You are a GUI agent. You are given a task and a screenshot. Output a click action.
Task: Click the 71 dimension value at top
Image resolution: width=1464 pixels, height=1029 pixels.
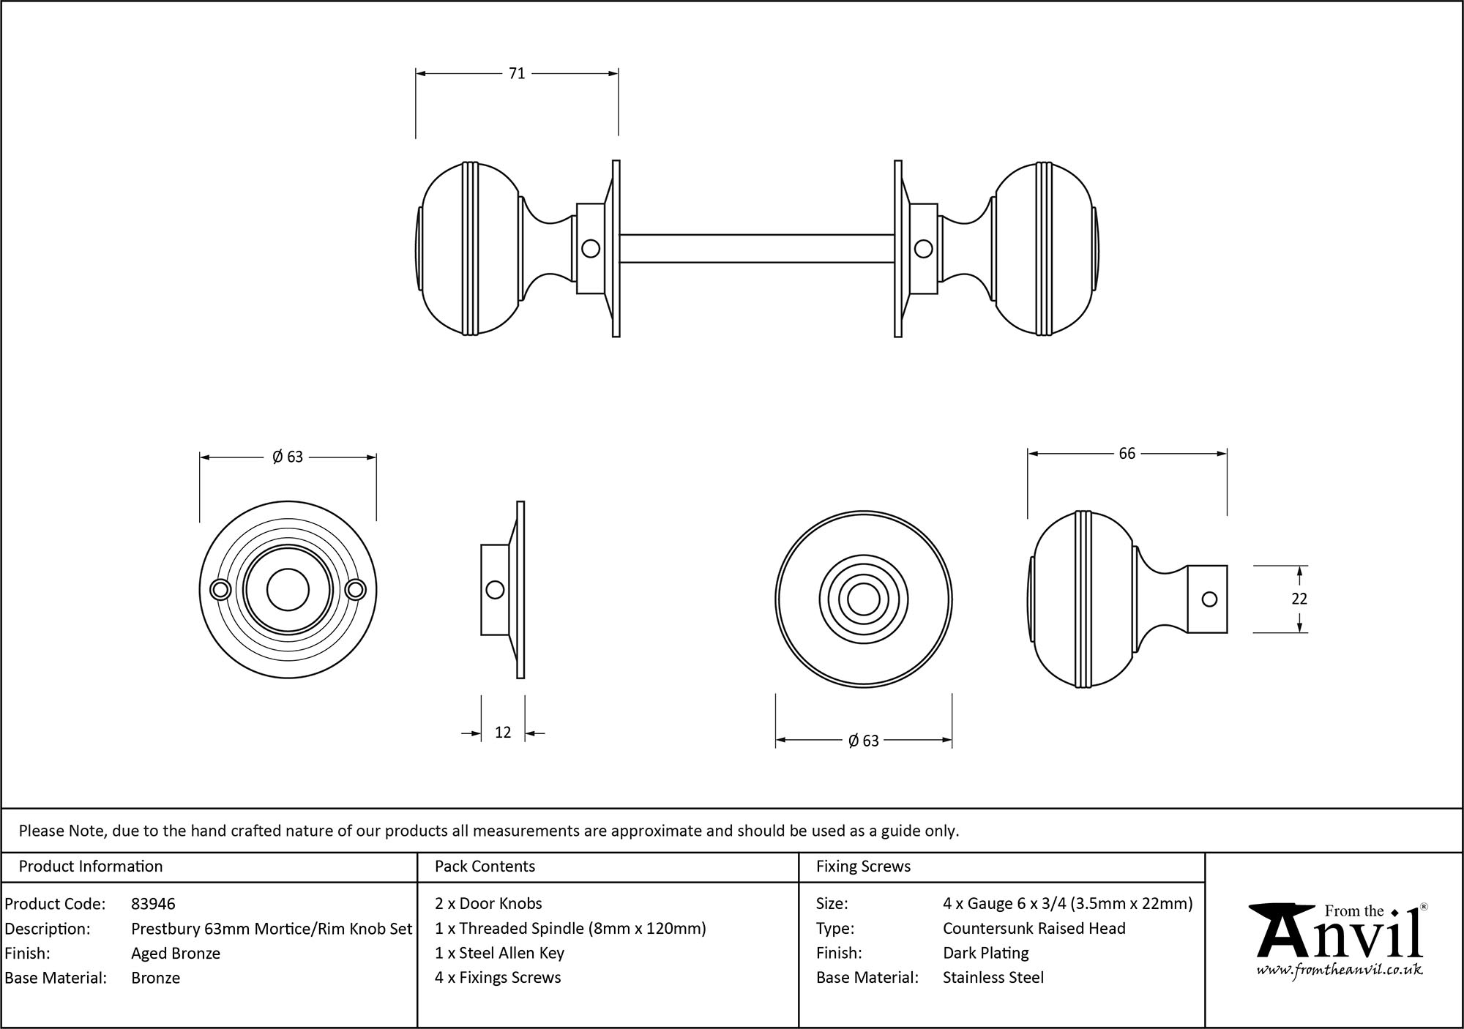(517, 73)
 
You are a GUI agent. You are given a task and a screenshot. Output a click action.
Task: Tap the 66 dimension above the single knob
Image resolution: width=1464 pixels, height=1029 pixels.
(1127, 454)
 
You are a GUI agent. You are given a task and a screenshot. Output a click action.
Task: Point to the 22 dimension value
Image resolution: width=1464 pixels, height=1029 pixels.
(1299, 599)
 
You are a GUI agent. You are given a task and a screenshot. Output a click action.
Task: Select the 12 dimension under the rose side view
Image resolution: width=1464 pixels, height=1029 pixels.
(503, 732)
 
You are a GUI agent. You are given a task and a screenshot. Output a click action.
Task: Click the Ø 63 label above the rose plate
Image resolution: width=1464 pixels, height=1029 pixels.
(288, 457)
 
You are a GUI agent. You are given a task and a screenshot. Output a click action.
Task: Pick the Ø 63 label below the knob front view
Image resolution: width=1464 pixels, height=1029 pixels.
(864, 741)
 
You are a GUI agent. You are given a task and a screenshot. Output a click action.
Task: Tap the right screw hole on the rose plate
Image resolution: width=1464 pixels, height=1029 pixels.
(356, 590)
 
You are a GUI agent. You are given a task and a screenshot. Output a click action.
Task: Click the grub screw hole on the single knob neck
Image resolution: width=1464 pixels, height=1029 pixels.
(1209, 599)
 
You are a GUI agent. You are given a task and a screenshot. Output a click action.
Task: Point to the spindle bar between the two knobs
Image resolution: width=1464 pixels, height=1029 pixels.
(756, 248)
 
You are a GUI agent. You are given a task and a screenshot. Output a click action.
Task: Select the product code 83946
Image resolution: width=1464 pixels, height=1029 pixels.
(153, 904)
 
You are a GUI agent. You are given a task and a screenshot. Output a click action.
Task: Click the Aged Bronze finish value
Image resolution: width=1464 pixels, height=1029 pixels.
(176, 953)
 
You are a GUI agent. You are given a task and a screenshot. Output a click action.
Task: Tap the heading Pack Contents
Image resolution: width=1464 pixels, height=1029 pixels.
(485, 867)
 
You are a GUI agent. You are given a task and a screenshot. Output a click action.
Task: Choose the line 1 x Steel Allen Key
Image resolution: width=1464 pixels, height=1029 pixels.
(499, 953)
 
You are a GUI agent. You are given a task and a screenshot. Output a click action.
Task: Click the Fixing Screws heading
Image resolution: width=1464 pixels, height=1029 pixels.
(863, 867)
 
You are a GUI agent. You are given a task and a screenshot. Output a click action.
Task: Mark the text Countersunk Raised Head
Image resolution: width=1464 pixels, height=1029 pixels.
(1034, 928)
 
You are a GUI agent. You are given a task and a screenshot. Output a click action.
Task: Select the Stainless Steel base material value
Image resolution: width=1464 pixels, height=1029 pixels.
(993, 977)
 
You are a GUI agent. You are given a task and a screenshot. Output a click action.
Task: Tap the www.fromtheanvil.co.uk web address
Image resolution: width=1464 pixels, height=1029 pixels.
(1340, 970)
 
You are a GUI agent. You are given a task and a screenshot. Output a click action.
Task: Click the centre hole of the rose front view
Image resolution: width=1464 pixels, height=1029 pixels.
(288, 590)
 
